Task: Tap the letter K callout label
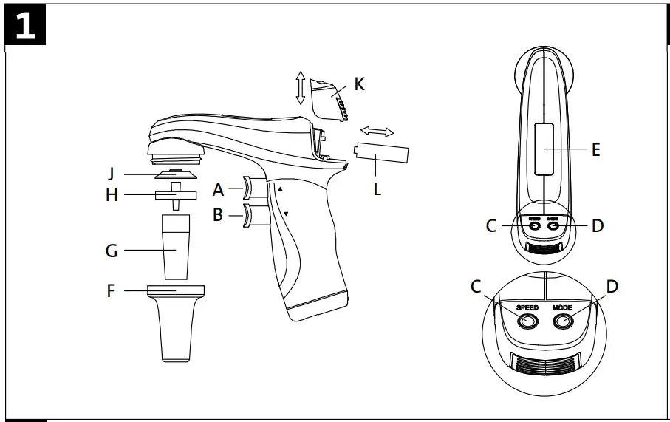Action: click(x=359, y=84)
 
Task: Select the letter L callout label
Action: click(x=377, y=188)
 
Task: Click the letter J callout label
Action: click(x=111, y=174)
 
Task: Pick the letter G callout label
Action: click(x=112, y=251)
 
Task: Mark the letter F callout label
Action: click(x=111, y=291)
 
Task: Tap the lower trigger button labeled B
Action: click(x=252, y=217)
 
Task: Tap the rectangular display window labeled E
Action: click(x=544, y=149)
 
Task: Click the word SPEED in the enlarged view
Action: click(x=527, y=306)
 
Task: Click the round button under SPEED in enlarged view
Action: click(x=527, y=321)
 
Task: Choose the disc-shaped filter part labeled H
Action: click(x=176, y=195)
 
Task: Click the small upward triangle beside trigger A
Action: click(x=280, y=189)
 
